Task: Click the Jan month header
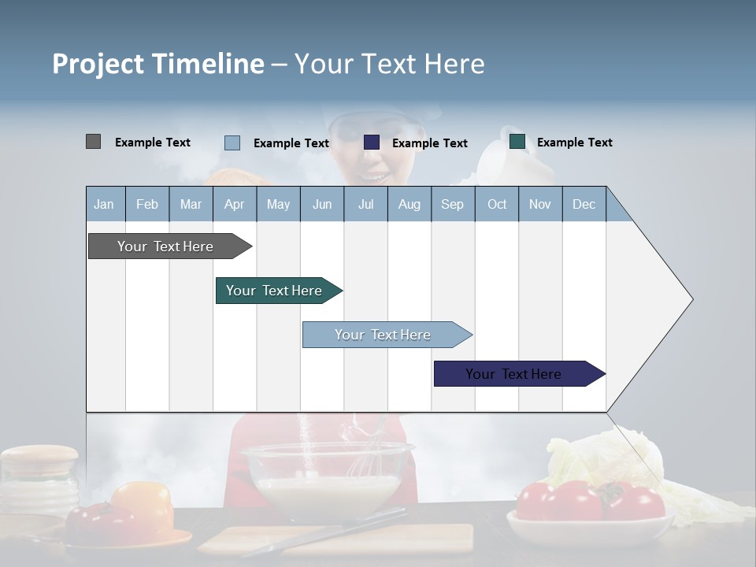click(104, 204)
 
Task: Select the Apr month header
click(234, 204)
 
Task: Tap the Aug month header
click(409, 204)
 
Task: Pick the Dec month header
click(584, 204)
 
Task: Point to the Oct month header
click(496, 204)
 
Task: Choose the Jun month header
click(321, 204)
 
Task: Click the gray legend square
click(93, 142)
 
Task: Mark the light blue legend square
click(232, 143)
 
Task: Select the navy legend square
click(372, 143)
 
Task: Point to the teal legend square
click(517, 142)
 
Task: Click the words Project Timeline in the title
click(157, 64)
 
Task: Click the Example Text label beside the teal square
click(574, 143)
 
